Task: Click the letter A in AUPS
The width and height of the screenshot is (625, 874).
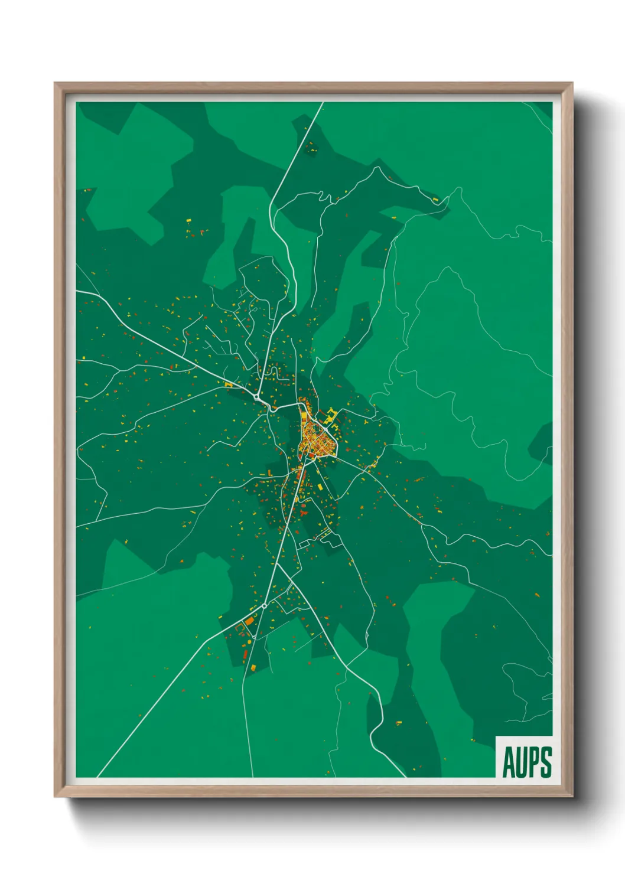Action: (x=507, y=762)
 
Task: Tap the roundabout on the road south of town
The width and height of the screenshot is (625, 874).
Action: (x=264, y=605)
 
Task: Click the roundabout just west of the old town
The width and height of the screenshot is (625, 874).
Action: (x=258, y=397)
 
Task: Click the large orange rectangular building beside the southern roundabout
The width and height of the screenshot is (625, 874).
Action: (x=250, y=621)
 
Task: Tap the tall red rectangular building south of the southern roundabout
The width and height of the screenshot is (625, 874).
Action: (x=245, y=654)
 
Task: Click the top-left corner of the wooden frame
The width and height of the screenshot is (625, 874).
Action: (x=55, y=83)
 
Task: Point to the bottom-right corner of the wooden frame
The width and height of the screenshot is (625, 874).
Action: (x=572, y=797)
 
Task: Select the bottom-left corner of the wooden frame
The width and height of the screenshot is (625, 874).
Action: (x=55, y=797)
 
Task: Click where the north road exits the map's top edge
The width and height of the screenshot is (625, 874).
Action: (x=323, y=103)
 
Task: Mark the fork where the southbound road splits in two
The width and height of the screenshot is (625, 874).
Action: (x=276, y=564)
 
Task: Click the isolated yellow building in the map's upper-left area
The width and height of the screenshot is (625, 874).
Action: (x=188, y=221)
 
